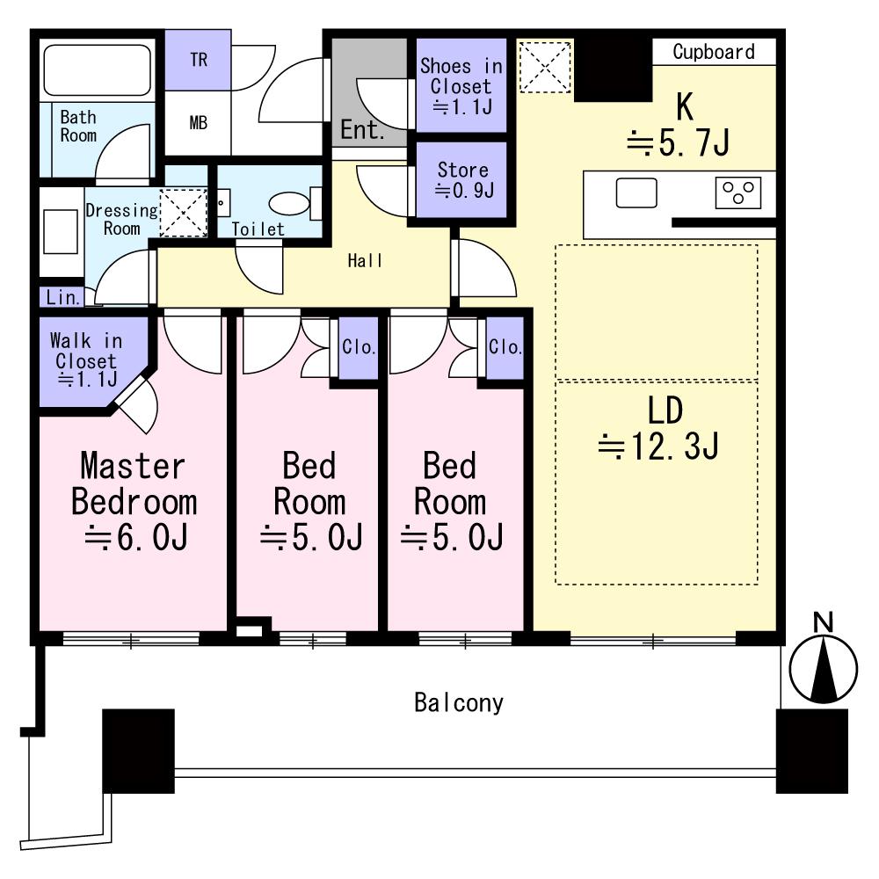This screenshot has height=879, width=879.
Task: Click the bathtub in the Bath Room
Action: (97, 70)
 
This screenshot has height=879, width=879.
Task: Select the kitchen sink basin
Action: (636, 193)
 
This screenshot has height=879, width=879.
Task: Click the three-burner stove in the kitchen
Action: (738, 193)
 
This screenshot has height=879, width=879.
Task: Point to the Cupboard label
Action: (714, 52)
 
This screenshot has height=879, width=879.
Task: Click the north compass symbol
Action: (823, 660)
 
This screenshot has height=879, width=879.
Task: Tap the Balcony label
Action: (459, 703)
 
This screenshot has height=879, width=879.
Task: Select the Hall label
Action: (365, 260)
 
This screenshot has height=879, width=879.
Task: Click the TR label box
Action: (198, 60)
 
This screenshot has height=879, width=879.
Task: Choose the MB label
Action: (199, 123)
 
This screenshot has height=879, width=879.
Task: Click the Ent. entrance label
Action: (362, 130)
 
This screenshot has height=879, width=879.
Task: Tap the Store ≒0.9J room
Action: (462, 179)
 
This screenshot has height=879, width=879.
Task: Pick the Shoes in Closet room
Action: (461, 85)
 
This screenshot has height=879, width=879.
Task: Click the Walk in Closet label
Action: (86, 360)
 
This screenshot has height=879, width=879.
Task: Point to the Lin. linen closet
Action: (62, 297)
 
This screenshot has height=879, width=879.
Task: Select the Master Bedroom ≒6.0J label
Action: (134, 501)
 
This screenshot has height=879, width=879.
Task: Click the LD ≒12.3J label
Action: (659, 428)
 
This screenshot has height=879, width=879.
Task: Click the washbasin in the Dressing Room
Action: (60, 231)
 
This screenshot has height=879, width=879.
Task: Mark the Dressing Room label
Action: (122, 219)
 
